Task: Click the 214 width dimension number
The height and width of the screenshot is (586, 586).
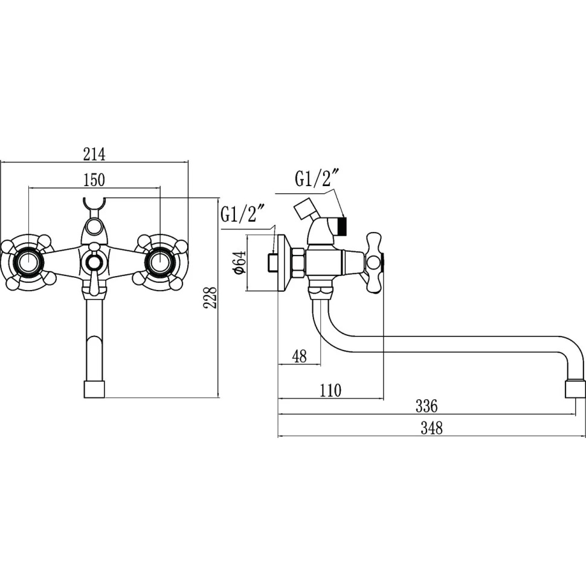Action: coord(94,154)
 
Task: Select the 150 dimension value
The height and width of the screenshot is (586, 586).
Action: coord(94,180)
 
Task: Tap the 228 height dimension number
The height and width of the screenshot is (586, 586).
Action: coord(211,297)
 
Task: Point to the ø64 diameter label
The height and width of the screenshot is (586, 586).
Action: coord(240,263)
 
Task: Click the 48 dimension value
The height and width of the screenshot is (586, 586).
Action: coord(299,356)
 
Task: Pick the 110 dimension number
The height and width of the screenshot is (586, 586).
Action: coord(330,390)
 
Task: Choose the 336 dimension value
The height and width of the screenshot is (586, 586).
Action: coord(427,406)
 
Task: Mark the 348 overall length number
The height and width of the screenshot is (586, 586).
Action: coord(432,428)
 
